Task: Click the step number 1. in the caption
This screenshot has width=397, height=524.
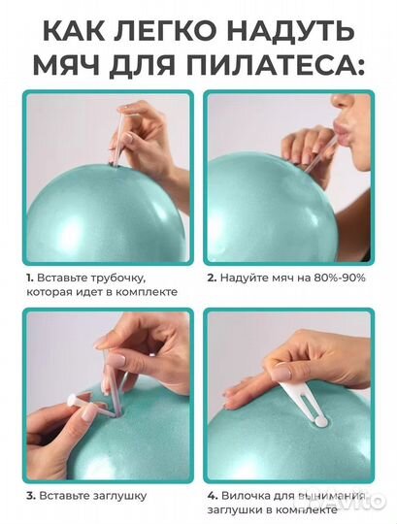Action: coord(30,277)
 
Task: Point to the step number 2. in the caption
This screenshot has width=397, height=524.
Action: coord(211,277)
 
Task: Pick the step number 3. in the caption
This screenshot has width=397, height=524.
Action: coord(31,495)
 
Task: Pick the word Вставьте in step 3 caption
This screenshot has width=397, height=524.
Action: coord(65,495)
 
